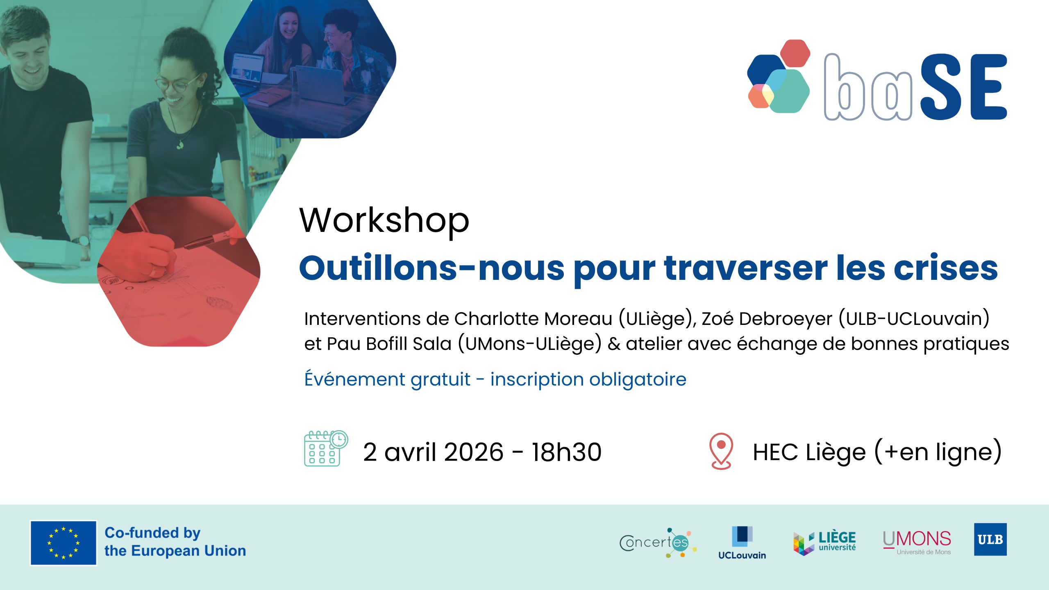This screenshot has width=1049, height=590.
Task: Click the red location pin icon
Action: pos(721,451)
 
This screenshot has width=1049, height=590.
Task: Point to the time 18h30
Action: pos(567,452)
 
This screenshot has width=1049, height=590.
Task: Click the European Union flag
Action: pos(64,543)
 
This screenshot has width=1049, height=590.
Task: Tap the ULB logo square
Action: pos(990,539)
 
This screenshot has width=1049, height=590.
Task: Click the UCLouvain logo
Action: pos(742,543)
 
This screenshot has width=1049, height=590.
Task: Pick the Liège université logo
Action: pos(824,543)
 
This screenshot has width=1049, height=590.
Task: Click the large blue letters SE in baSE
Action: pos(963,86)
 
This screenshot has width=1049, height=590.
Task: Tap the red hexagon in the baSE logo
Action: pos(795,52)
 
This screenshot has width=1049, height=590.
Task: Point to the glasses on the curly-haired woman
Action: pos(178,84)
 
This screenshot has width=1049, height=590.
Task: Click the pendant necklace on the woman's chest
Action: pos(180,144)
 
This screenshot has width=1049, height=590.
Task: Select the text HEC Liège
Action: pos(810,452)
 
